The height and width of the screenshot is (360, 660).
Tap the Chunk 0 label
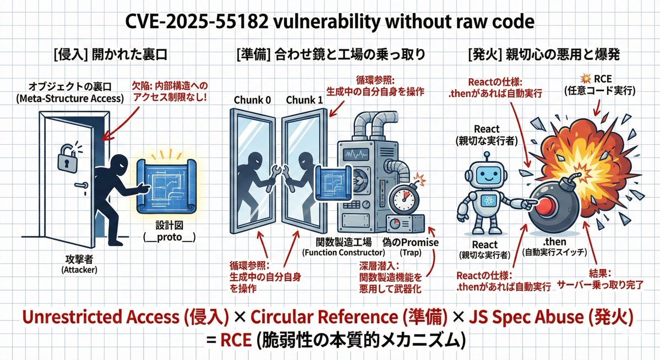point(253,101)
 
